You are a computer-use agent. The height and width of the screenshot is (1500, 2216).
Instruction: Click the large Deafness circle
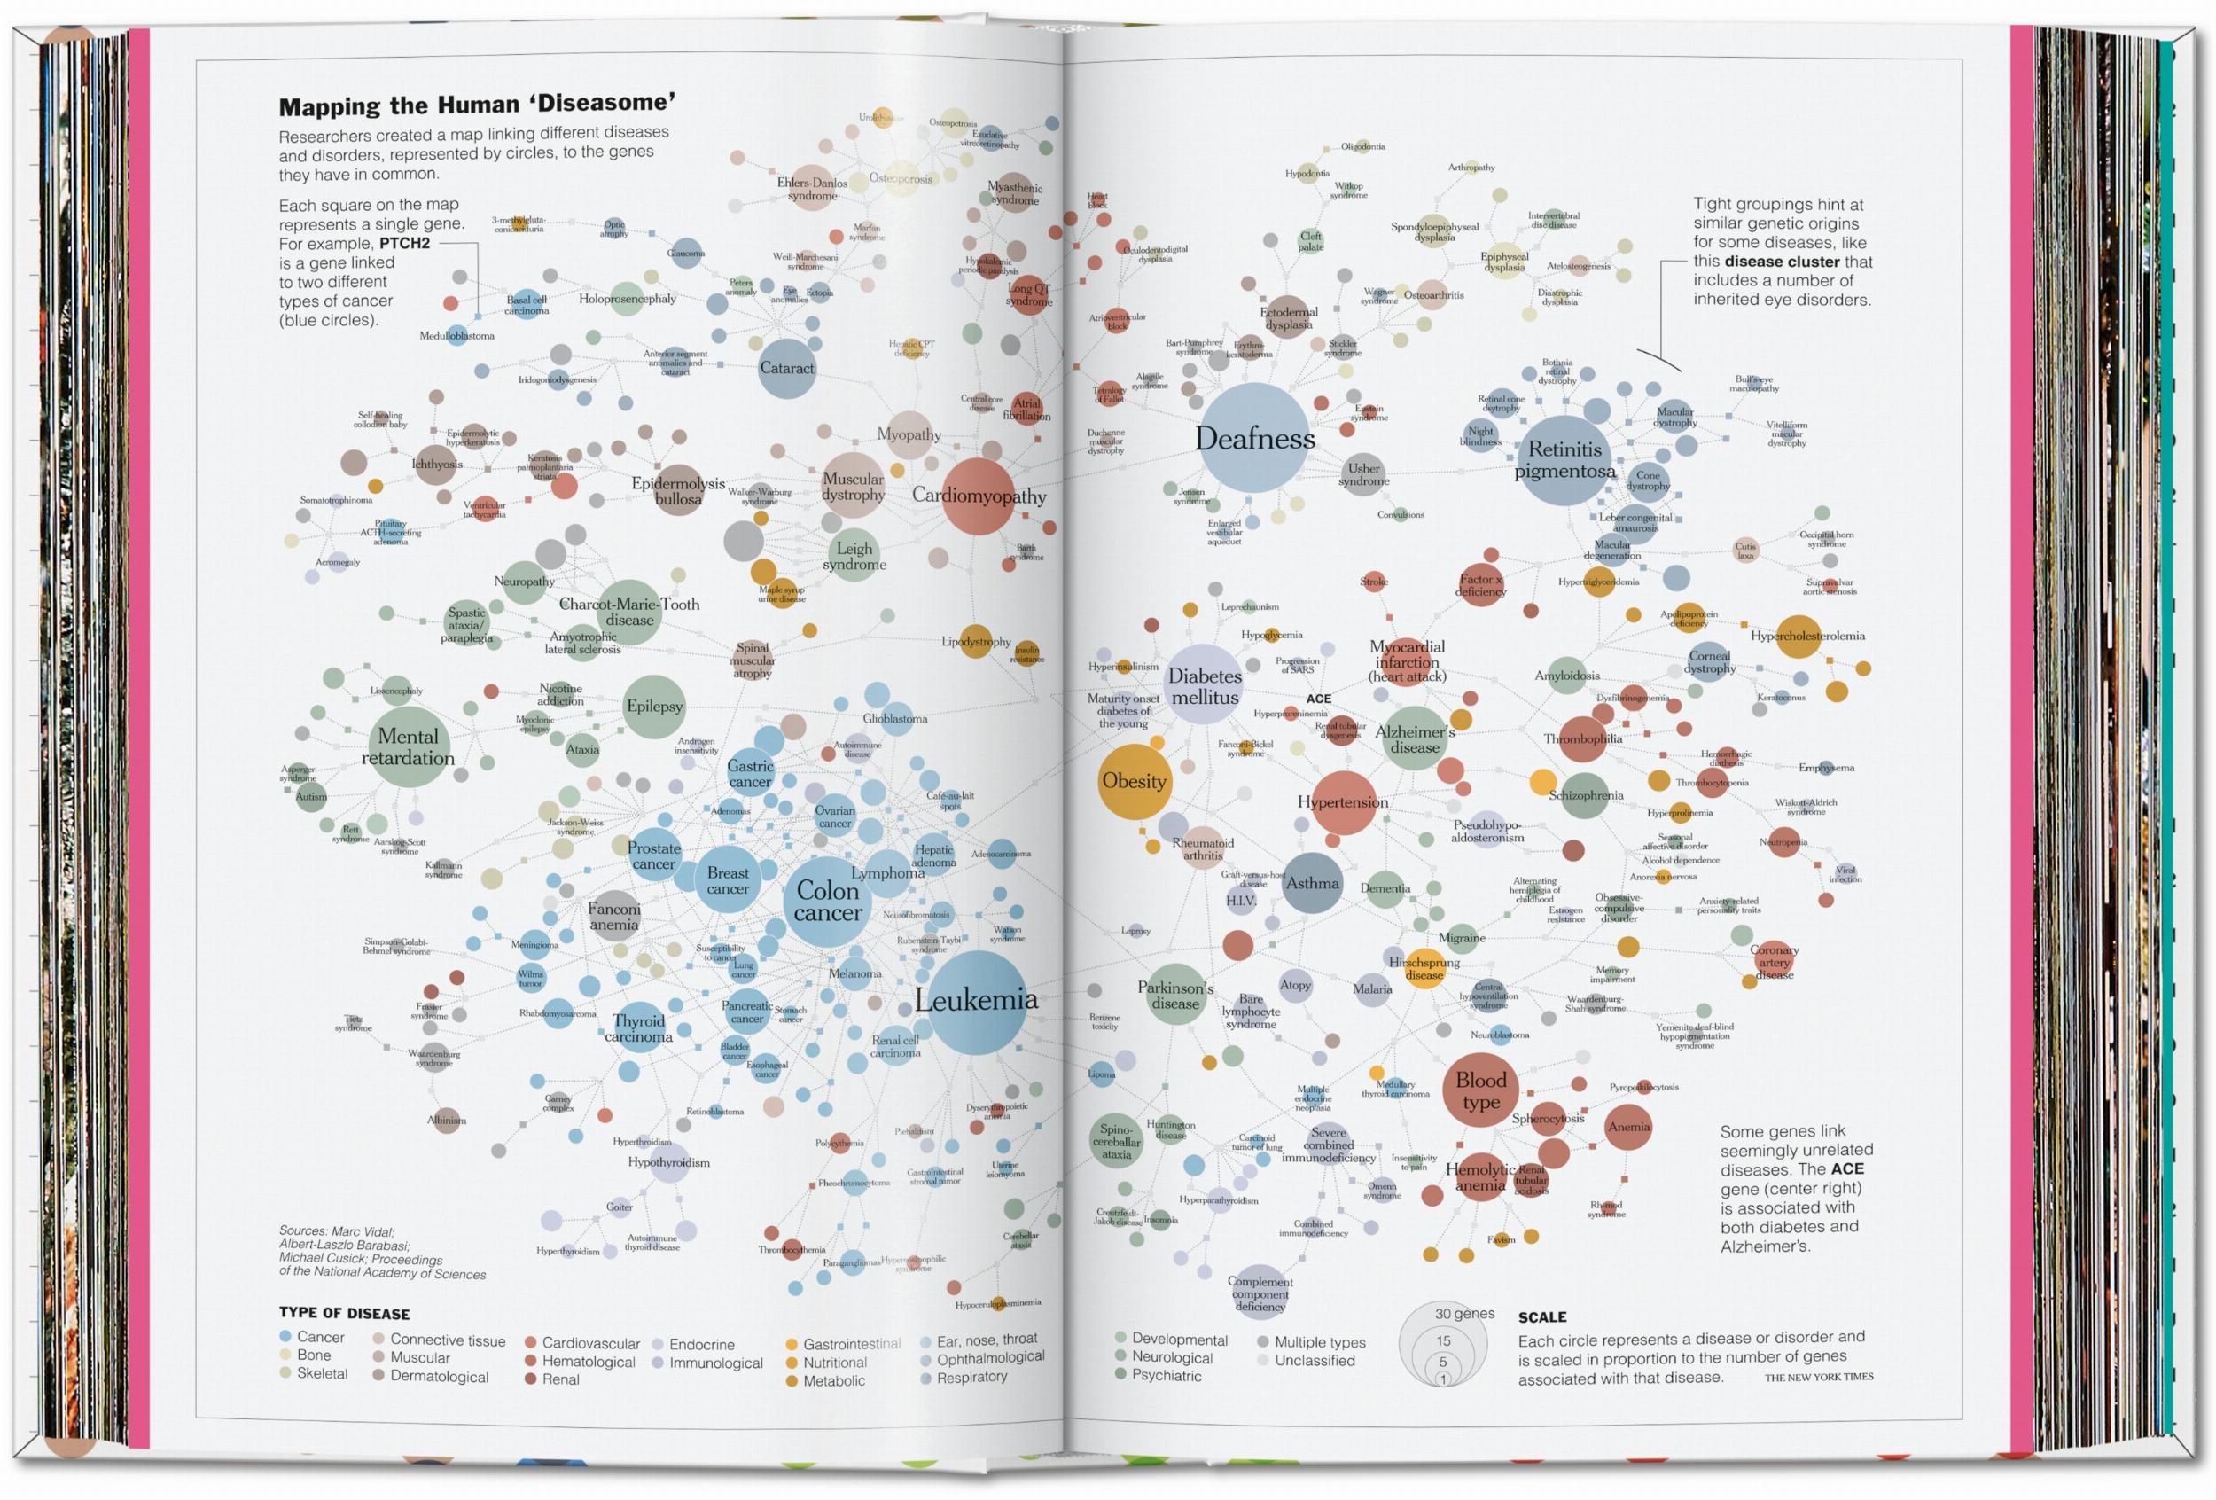pyautogui.click(x=1253, y=438)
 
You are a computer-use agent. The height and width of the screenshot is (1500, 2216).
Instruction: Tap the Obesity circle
pyautogui.click(x=1134, y=781)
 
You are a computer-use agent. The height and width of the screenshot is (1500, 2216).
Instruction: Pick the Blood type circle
pyautogui.click(x=1481, y=1090)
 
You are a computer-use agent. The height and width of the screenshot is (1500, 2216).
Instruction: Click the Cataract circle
pyautogui.click(x=786, y=368)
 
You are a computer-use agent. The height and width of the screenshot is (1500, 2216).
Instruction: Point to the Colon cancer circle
pyautogui.click(x=828, y=901)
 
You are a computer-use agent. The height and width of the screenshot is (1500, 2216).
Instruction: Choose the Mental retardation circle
pyautogui.click(x=408, y=746)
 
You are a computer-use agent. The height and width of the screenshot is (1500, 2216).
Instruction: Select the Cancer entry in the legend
pyautogui.click(x=320, y=1337)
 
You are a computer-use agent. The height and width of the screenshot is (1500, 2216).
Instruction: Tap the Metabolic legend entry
pyautogui.click(x=833, y=1381)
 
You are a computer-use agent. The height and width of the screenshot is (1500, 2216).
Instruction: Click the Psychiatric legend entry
pyautogui.click(x=1167, y=1376)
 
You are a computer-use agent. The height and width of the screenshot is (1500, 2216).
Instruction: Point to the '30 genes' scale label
pyautogui.click(x=1464, y=1314)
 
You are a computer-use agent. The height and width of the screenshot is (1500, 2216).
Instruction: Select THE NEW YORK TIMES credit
pyautogui.click(x=1818, y=1377)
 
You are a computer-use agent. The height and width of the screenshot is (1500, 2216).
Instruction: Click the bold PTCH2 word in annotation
pyautogui.click(x=404, y=243)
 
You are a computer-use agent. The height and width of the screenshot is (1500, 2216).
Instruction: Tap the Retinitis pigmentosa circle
pyautogui.click(x=1564, y=459)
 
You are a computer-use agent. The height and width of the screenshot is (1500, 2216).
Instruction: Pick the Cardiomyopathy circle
pyautogui.click(x=979, y=495)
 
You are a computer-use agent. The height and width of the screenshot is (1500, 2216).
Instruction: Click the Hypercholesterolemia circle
pyautogui.click(x=1799, y=636)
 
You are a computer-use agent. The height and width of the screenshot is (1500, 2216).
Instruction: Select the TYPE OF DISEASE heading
pyautogui.click(x=344, y=1313)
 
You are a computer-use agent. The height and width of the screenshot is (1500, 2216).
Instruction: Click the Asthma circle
pyautogui.click(x=1312, y=884)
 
